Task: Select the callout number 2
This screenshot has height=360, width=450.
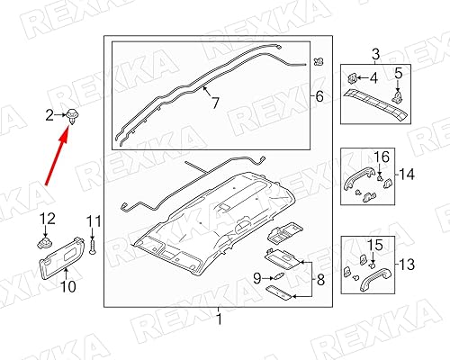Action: (x=50, y=113)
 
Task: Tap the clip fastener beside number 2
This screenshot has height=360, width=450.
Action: (x=70, y=114)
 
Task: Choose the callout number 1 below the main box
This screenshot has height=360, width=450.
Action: (x=216, y=319)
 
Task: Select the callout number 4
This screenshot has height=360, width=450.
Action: (x=374, y=78)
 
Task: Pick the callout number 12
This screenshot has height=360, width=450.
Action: (x=49, y=218)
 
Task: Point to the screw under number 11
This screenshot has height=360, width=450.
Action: (x=92, y=245)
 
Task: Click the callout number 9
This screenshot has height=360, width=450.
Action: (x=256, y=276)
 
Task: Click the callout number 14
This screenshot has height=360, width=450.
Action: (x=406, y=174)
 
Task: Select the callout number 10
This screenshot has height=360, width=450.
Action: (x=67, y=288)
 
